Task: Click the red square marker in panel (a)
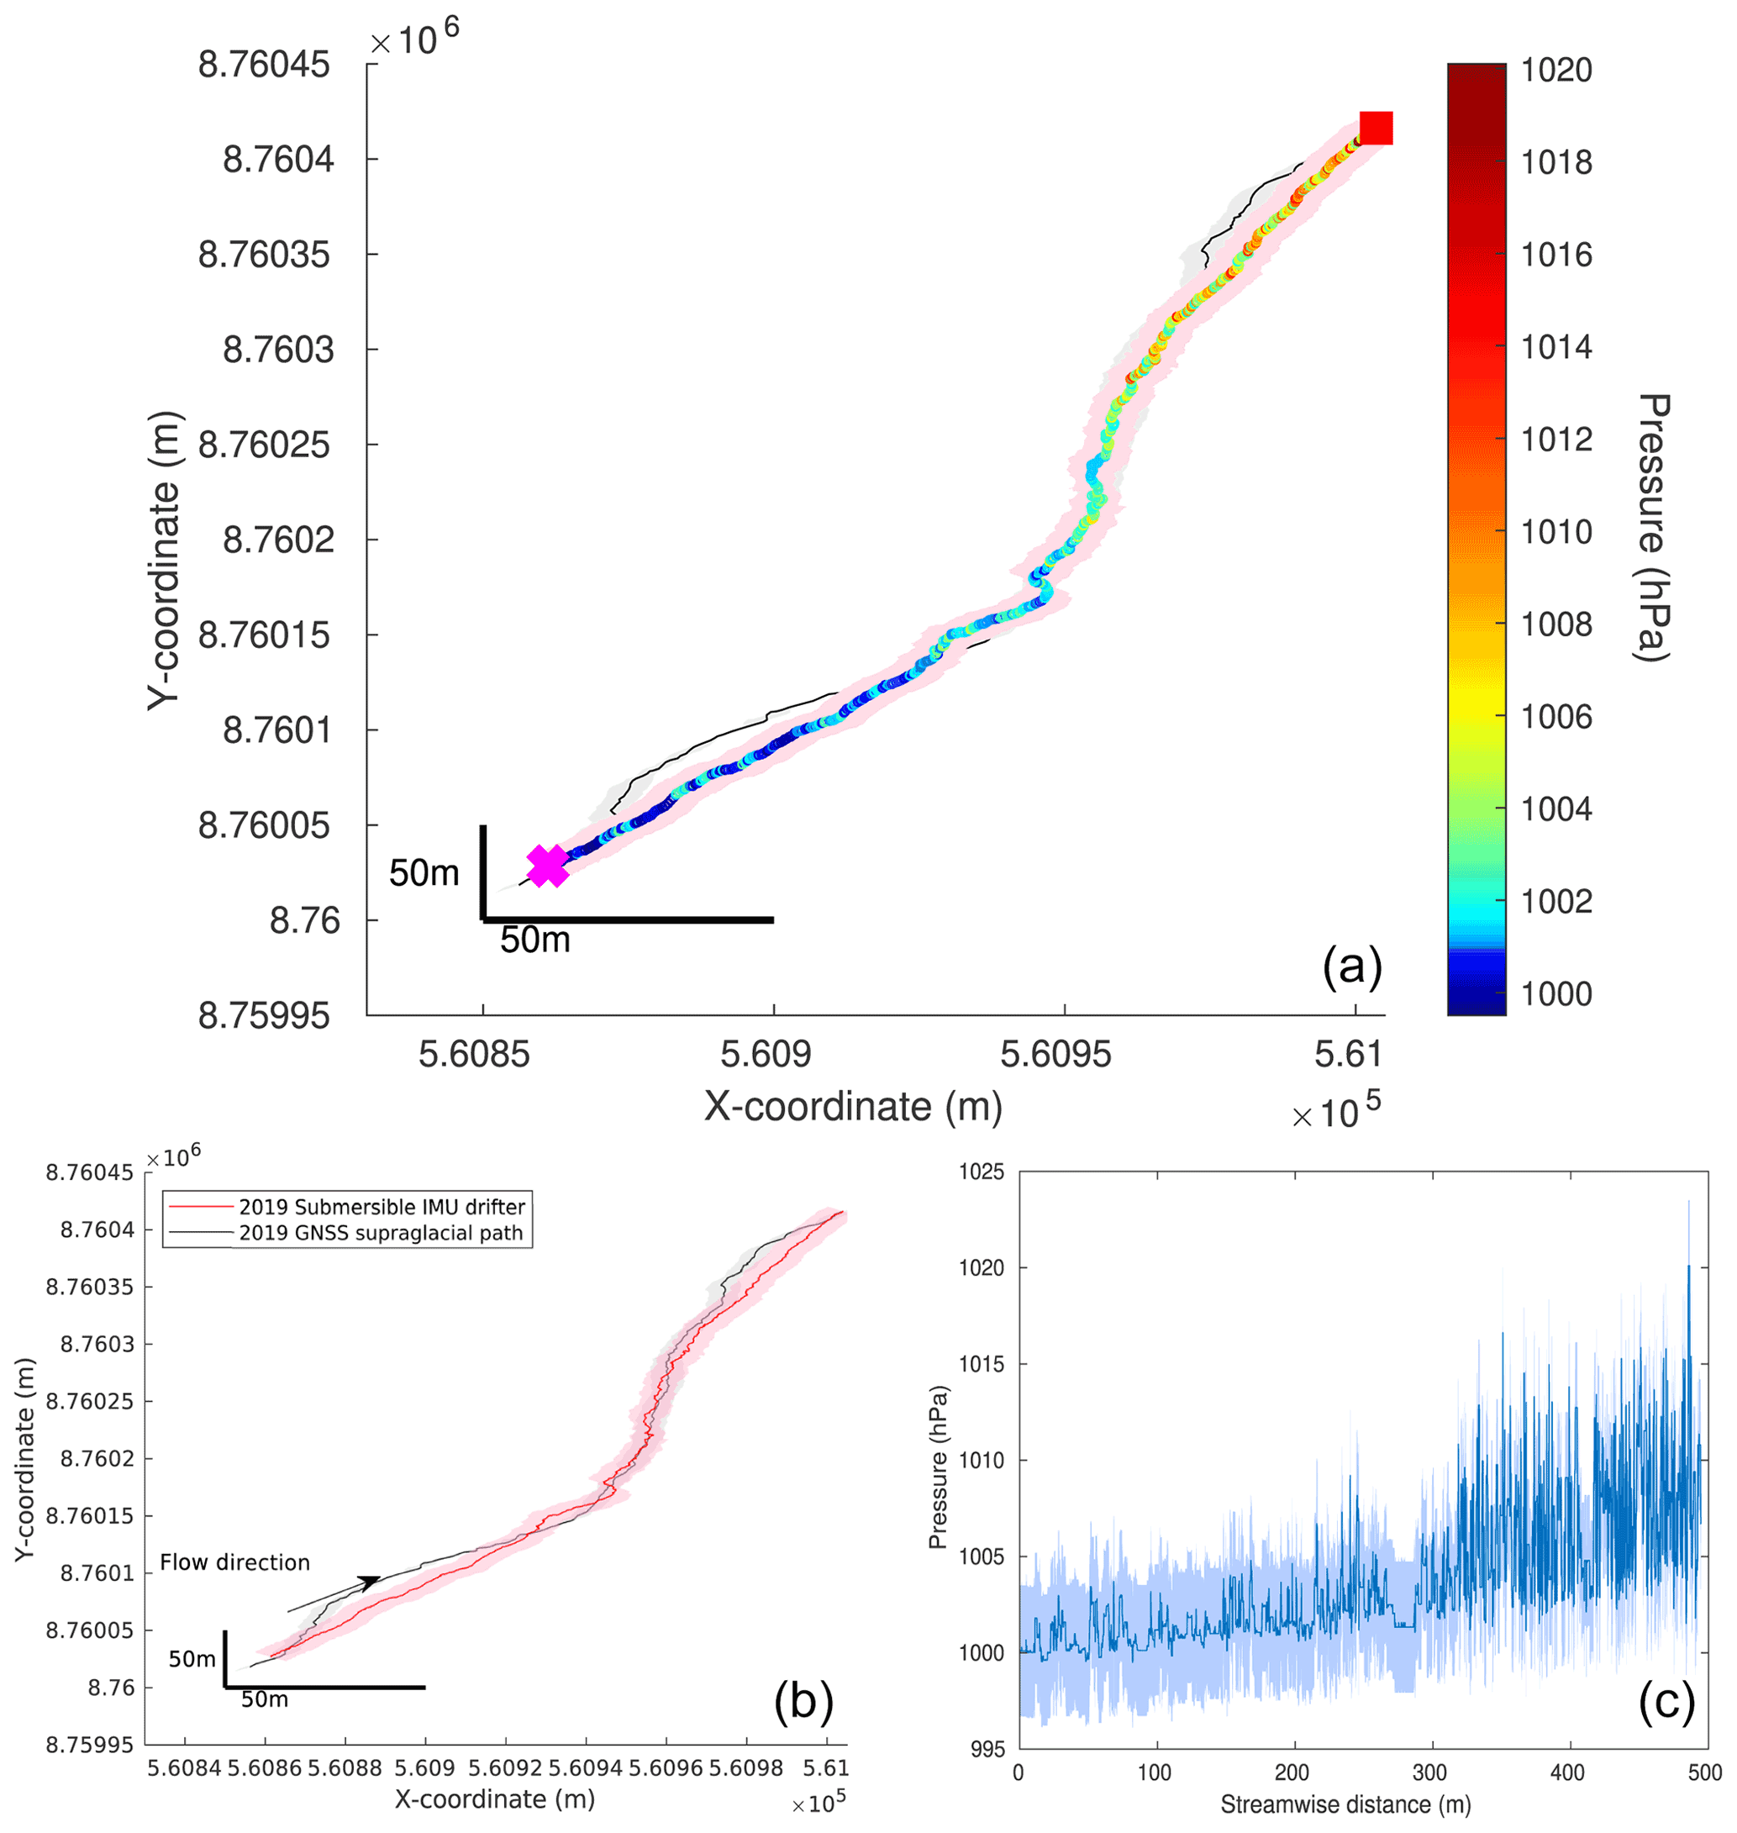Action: (1375, 128)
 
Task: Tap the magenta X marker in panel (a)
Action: (547, 866)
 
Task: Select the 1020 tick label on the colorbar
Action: (1556, 71)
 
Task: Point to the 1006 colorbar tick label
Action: (1556, 717)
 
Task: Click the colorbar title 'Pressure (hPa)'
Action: (1652, 528)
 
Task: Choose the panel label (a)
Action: (1352, 967)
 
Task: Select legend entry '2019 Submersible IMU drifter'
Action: (382, 1207)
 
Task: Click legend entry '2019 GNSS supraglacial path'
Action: (381, 1233)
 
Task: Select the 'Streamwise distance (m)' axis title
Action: (1345, 1804)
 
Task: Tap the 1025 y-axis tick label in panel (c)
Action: (982, 1172)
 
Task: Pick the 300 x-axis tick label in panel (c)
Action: (1429, 1772)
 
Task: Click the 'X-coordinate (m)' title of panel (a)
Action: (853, 1107)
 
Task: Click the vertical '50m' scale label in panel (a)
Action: (424, 873)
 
